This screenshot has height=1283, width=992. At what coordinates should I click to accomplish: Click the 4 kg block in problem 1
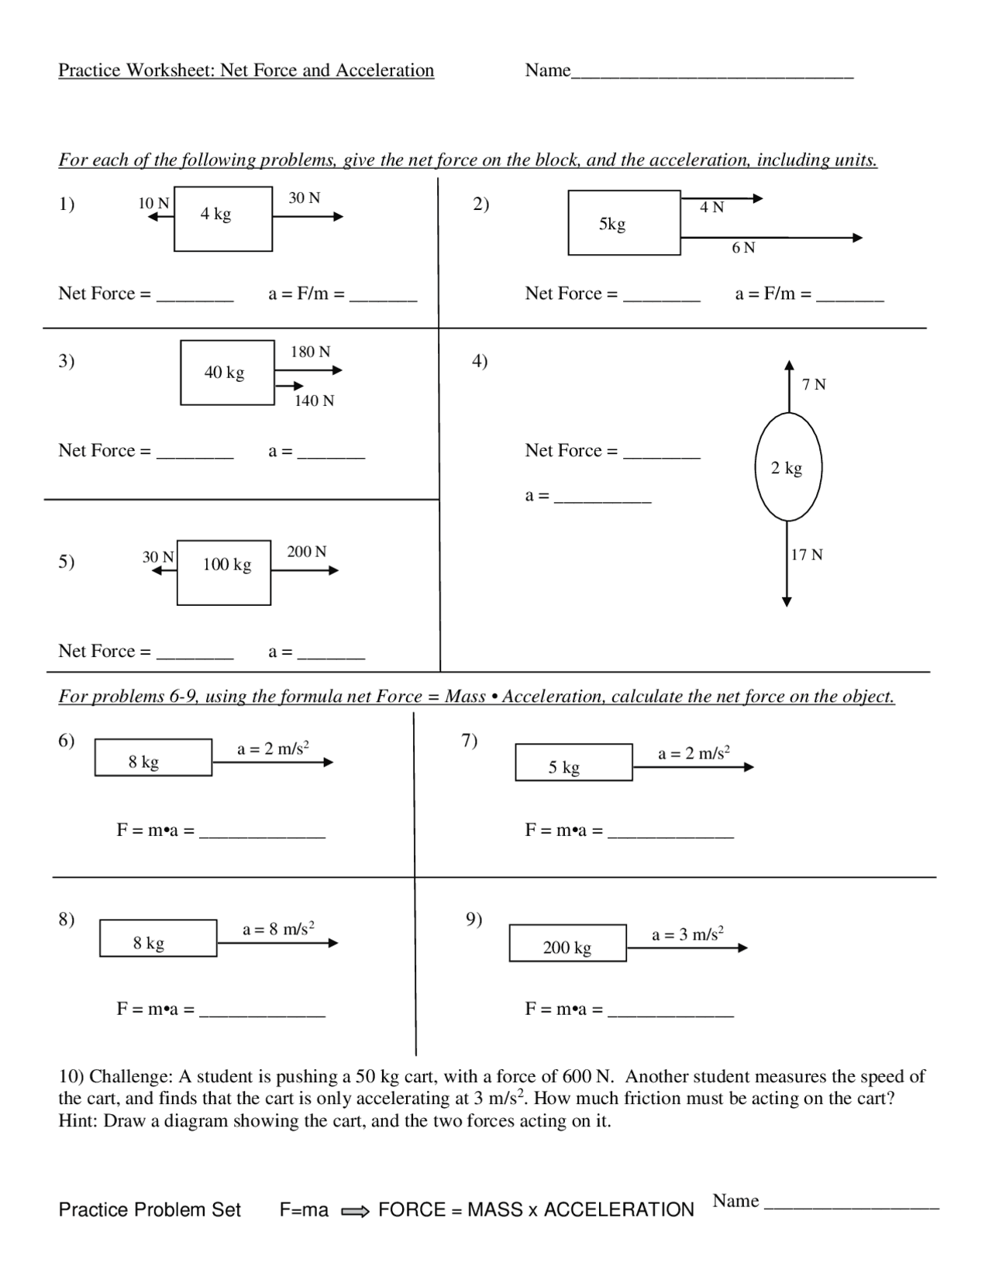point(223,218)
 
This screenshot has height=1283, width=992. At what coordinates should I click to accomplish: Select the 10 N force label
point(153,203)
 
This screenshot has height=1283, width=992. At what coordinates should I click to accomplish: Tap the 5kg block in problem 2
point(624,223)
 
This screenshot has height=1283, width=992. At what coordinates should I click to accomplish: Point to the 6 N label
point(743,248)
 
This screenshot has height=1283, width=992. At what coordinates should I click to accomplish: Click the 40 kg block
point(227,373)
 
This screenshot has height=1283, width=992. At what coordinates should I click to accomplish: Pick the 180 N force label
point(310,352)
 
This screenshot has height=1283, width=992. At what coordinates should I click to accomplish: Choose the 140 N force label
point(314,401)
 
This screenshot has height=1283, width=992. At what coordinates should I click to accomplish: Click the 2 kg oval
point(788,467)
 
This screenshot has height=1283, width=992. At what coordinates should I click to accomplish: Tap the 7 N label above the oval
point(814,384)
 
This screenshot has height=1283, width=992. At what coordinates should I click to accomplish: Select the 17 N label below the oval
point(807,555)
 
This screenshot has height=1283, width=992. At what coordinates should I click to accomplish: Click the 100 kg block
point(224,573)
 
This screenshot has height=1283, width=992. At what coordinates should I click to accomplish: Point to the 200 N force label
point(307,552)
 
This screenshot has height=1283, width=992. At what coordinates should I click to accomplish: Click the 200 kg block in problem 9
point(567,943)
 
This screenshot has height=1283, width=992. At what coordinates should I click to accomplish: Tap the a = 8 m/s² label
point(278,928)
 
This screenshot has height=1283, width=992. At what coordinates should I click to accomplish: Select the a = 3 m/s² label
point(687,934)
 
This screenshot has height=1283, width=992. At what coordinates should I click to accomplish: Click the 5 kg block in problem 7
point(573,762)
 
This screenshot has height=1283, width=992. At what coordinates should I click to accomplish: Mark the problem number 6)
point(67,741)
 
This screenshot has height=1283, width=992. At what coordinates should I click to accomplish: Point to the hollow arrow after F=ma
point(355,1211)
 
